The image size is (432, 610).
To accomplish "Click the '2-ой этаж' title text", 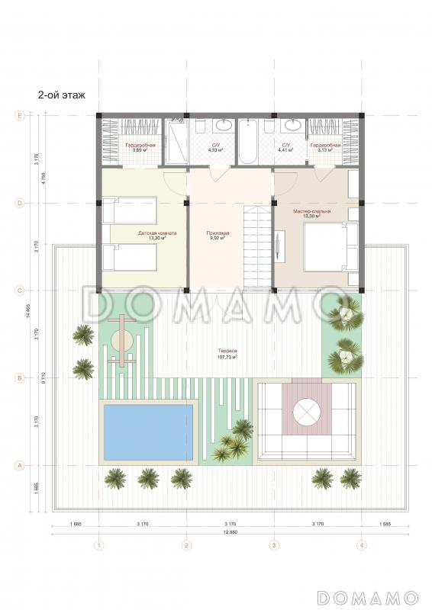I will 61,95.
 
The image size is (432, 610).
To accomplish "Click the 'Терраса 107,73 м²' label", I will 227,354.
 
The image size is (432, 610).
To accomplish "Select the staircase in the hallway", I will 257,244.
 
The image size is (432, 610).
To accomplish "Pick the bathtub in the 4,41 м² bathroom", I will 250,142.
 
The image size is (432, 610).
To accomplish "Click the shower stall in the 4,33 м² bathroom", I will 177,142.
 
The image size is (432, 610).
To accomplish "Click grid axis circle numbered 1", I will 98,544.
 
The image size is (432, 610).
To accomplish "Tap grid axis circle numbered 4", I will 362,544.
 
